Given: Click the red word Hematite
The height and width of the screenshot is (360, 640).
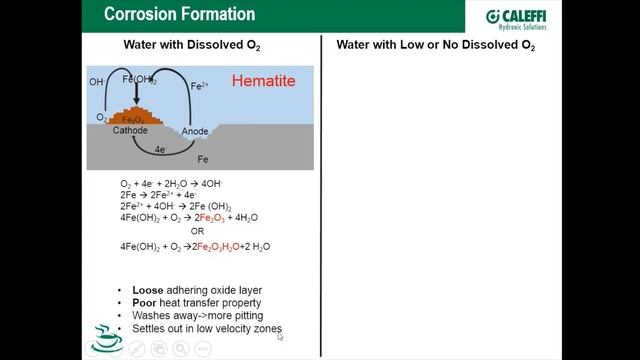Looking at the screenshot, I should coord(264,81).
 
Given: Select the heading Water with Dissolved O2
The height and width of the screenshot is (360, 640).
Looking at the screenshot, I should coord(192,46).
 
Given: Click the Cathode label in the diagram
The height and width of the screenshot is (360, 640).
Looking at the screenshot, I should coord(129,131).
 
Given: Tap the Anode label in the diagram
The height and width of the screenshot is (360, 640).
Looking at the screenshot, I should coord(194,131).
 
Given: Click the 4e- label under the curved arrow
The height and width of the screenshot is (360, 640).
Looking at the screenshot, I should coord(160,149).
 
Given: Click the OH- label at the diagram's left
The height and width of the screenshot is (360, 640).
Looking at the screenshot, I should coord(96,81).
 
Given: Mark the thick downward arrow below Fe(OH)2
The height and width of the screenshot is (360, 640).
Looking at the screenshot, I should coord(137,96).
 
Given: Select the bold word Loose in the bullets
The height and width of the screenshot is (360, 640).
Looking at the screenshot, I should coord(148,291).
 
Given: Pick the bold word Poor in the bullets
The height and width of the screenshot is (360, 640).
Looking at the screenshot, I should coord(145,303).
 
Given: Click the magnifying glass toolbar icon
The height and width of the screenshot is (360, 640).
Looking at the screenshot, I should coord(180,349).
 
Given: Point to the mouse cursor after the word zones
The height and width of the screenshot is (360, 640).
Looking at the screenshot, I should coord(280,336).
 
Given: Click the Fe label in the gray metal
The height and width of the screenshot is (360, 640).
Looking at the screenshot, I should coord(203,159).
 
